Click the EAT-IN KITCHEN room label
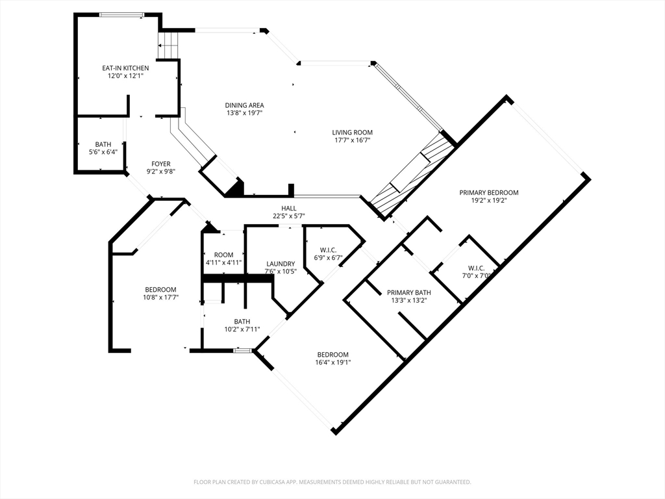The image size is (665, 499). [125, 68]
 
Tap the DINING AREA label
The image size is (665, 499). [244, 105]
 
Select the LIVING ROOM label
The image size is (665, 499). [352, 133]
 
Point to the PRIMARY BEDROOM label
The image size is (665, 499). [488, 192]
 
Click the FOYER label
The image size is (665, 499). [161, 164]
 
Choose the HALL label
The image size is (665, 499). [289, 209]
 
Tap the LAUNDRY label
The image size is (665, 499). [281, 264]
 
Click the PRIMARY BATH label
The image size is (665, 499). [409, 293]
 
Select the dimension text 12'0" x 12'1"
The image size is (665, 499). [125, 76]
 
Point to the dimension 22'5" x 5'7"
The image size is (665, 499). [289, 216]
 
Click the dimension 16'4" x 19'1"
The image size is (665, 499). [333, 363]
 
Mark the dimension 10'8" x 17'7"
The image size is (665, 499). [161, 298]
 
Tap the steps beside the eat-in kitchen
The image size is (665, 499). [169, 45]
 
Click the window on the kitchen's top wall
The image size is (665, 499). [121, 15]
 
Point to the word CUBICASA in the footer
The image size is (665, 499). [271, 482]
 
